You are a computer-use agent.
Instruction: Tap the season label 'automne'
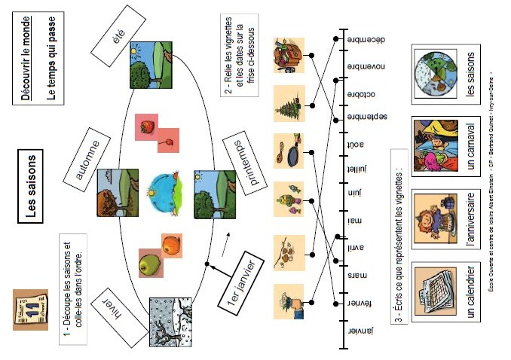[x=89, y=159]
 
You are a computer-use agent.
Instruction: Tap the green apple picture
[x=151, y=264]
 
